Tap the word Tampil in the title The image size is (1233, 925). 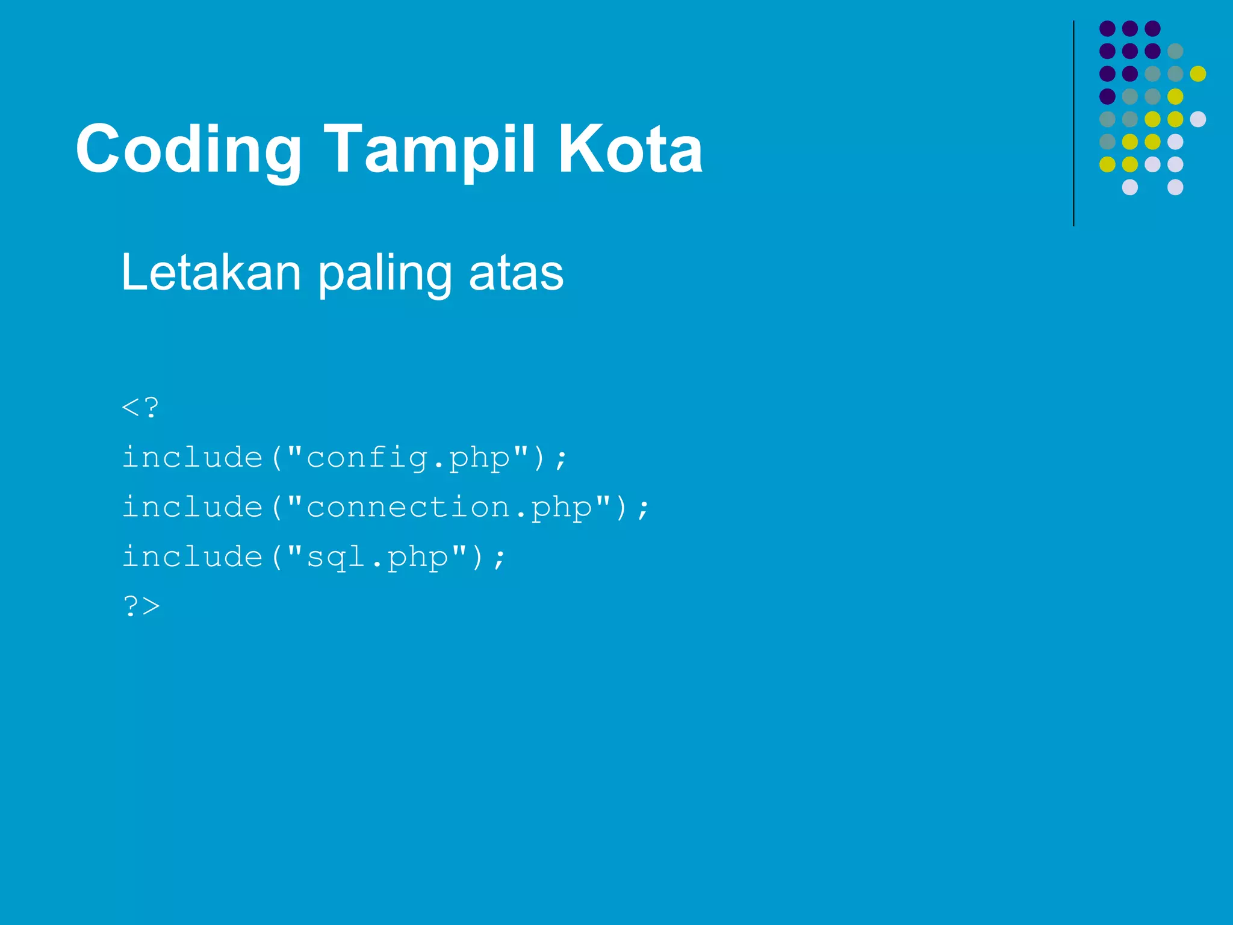pyautogui.click(x=429, y=149)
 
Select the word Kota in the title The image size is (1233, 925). pyautogui.click(x=630, y=149)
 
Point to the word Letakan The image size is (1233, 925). pyautogui.click(x=211, y=273)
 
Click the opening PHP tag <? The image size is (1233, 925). pyautogui.click(x=140, y=408)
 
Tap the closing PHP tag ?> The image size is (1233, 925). pyautogui.click(x=141, y=606)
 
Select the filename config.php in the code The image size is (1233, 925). pyautogui.click(x=408, y=458)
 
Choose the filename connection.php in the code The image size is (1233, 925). pyautogui.click(x=449, y=507)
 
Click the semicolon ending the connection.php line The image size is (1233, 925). pyautogui.click(x=643, y=509)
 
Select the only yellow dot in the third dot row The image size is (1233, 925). pyautogui.click(x=1198, y=73)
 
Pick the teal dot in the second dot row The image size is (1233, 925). pyautogui.click(x=1175, y=51)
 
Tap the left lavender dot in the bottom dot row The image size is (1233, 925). pyautogui.click(x=1130, y=187)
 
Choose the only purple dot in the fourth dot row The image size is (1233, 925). pyautogui.click(x=1107, y=96)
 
